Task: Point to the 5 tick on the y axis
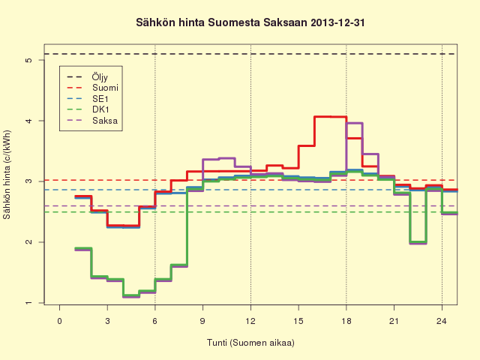[x=29, y=60]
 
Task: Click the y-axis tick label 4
[x=29, y=121]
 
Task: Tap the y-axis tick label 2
[x=29, y=242]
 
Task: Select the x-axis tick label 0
[x=60, y=321]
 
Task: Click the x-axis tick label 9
[x=202, y=321]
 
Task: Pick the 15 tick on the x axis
[x=298, y=321]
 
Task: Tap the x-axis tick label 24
[x=442, y=321]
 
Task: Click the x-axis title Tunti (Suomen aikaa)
[x=250, y=343]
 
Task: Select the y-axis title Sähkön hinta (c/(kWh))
[x=7, y=175]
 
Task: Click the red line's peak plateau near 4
[x=330, y=117]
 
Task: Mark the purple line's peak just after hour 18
[x=354, y=123]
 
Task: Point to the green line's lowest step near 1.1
[x=131, y=296]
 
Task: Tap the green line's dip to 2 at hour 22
[x=418, y=242]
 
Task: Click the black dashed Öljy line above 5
[x=250, y=54]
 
